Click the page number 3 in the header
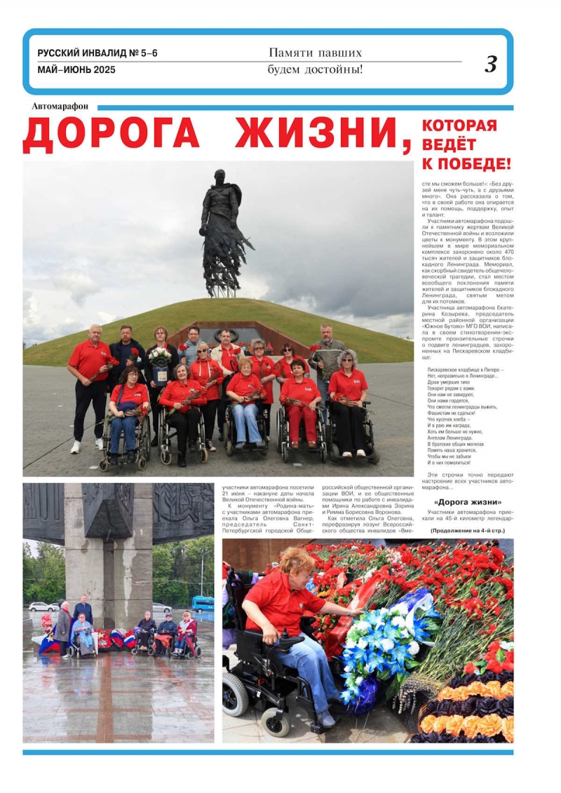[491, 65]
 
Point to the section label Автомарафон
[60, 107]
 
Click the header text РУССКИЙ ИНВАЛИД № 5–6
[97, 53]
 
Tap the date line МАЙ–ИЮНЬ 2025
[76, 70]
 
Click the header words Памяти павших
[315, 53]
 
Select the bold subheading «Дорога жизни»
[467, 502]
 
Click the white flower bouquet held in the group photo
[160, 355]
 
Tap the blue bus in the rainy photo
[203, 603]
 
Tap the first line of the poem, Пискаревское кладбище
[465, 370]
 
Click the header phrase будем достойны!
[315, 69]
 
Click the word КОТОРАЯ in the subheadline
[459, 126]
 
